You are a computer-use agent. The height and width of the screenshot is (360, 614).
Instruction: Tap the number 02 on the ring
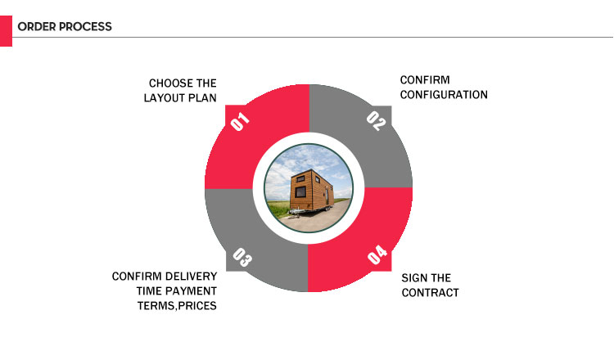pos(376,121)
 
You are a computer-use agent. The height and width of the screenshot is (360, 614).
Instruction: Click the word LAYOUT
pos(167,98)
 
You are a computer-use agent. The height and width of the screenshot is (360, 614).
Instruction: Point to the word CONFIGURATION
pos(444,95)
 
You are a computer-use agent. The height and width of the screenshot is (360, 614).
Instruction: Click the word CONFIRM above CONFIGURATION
pos(425,80)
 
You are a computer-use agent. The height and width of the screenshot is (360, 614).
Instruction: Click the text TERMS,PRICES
pos(177,306)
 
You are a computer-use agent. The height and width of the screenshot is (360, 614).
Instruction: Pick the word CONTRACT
pos(430,293)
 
